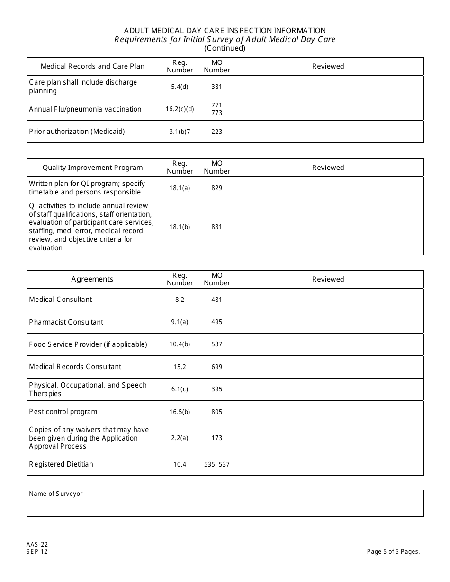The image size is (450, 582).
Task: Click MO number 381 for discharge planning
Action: (x=216, y=87)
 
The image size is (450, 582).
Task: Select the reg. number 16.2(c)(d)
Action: (x=180, y=109)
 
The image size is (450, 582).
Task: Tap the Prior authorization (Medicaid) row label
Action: (x=77, y=132)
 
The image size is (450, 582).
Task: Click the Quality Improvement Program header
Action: (x=92, y=168)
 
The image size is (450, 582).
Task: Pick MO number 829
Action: (x=216, y=188)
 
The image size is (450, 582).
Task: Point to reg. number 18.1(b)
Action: (x=180, y=227)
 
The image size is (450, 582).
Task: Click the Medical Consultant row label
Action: (x=61, y=300)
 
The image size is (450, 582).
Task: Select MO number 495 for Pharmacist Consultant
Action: (x=216, y=322)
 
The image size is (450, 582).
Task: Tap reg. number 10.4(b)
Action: (x=180, y=344)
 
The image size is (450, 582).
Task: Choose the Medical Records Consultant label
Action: (x=75, y=367)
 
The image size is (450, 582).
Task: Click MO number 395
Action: (x=216, y=389)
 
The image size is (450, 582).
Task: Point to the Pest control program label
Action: (x=63, y=412)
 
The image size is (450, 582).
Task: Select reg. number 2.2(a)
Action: (x=180, y=438)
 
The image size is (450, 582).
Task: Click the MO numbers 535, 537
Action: (x=216, y=464)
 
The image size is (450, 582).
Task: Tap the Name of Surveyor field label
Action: (x=55, y=494)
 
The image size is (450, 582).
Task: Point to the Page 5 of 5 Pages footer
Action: (x=393, y=551)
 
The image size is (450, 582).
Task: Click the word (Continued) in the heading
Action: (x=225, y=48)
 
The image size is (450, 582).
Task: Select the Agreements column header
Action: (x=92, y=279)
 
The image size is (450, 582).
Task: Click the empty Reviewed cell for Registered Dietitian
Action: (x=328, y=464)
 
